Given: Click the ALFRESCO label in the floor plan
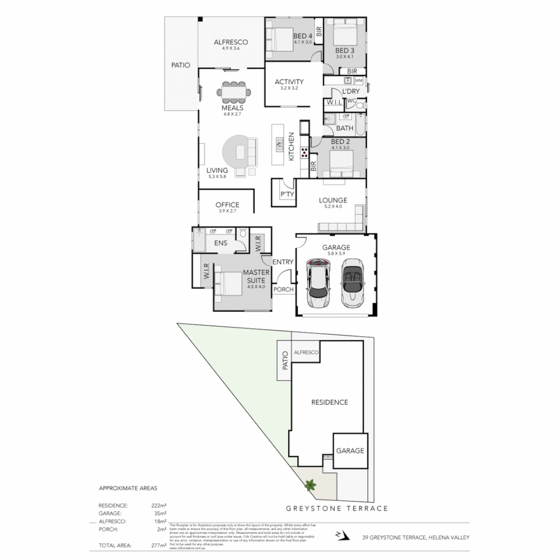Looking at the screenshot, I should pyautogui.click(x=231, y=42).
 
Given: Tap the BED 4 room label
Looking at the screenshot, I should pyautogui.click(x=302, y=36).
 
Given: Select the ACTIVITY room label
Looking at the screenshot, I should pyautogui.click(x=289, y=82).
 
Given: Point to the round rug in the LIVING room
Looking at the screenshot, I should pyautogui.click(x=239, y=152).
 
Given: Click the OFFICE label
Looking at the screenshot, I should pyautogui.click(x=227, y=205).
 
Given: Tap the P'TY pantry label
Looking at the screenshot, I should pyautogui.click(x=287, y=194).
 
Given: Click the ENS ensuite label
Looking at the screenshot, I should pyautogui.click(x=221, y=243).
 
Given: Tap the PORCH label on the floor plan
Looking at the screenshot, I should pyautogui.click(x=283, y=290).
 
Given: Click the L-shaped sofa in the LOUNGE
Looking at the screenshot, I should pyautogui.click(x=343, y=223).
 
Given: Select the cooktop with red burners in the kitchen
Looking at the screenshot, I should pyautogui.click(x=305, y=151).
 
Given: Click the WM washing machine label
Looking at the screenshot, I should pyautogui.click(x=359, y=81).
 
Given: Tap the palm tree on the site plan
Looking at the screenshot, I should pyautogui.click(x=310, y=485).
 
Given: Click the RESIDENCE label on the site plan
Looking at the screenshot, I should pyautogui.click(x=329, y=402).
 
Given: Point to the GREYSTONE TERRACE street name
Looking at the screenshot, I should pyautogui.click(x=336, y=508).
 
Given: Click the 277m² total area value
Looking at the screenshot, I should pyautogui.click(x=159, y=545).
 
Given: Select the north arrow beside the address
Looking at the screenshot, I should pyautogui.click(x=339, y=534).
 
